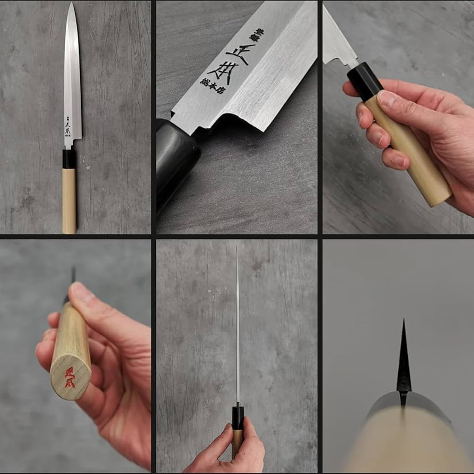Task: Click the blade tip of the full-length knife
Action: [x=71, y=4]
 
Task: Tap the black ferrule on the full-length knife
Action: [x=69, y=159]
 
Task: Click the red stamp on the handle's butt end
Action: [x=69, y=377]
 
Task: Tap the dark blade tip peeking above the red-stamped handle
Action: [x=73, y=275]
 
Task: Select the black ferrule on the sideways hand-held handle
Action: [x=365, y=80]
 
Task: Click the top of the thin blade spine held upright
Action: [x=236, y=249]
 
